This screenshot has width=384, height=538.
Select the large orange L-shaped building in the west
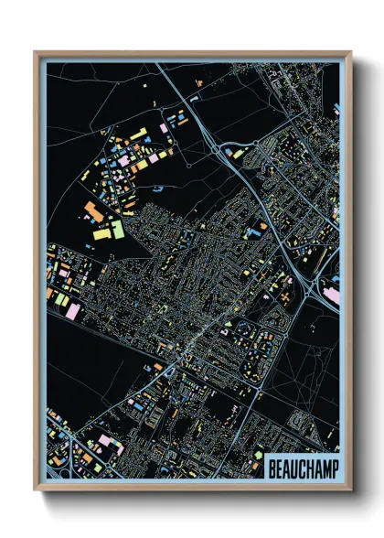tap(91, 212)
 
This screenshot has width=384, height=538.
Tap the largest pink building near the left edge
tap(72, 311)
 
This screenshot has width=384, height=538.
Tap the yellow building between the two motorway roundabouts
tap(238, 153)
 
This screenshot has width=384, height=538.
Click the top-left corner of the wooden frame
tap(36, 52)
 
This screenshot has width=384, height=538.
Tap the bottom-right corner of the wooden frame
tap(350, 490)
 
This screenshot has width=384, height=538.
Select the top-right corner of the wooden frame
tap(350, 52)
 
